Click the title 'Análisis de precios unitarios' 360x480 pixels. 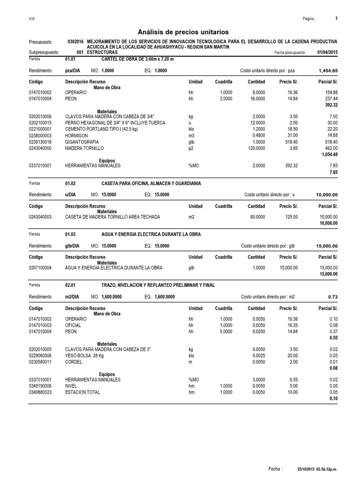183,32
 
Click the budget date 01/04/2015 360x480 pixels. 327,53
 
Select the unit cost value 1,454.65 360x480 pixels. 328,70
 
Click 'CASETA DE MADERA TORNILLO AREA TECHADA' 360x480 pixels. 112,217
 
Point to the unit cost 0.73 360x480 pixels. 333,296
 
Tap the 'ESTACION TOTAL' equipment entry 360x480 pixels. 82,392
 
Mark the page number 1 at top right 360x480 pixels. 336,18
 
